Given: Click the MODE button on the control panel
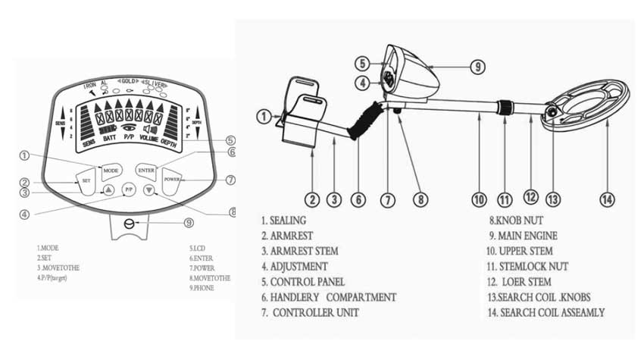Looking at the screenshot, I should click(112, 170).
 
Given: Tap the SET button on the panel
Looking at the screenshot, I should click(86, 182).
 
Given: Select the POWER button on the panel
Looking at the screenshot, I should click(174, 181).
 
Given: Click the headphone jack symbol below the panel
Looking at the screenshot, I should click(130, 224).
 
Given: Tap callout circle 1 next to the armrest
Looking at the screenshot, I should click(262, 117).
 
